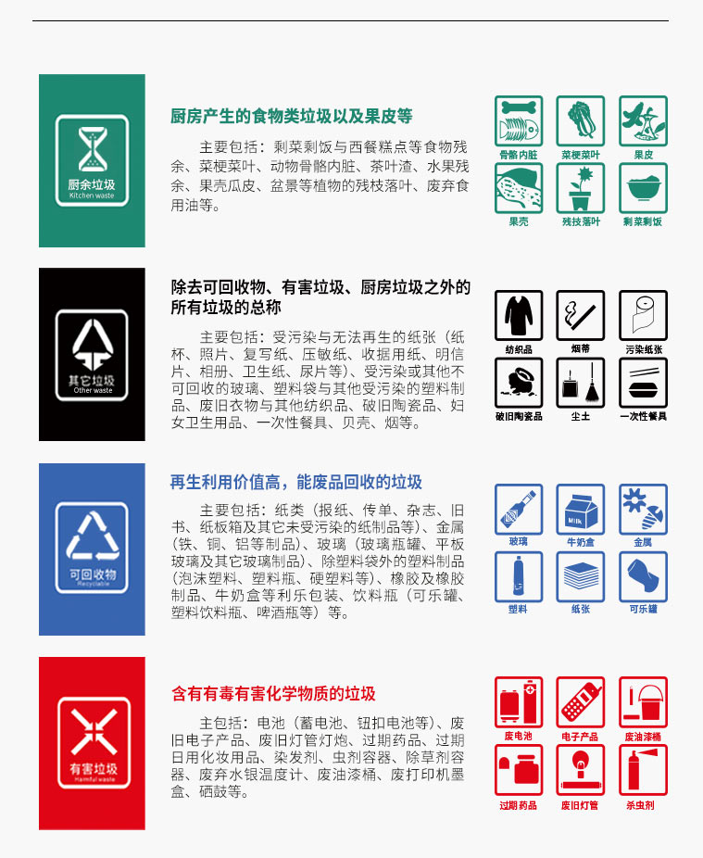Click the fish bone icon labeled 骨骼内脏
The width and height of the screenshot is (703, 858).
[519, 120]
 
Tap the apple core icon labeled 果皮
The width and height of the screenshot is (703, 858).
[643, 120]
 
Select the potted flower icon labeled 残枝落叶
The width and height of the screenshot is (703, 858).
[581, 188]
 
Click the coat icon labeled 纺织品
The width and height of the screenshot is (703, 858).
[519, 315]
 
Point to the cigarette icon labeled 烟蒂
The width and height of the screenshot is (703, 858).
[581, 315]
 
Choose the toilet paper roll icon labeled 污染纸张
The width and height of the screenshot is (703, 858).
[643, 315]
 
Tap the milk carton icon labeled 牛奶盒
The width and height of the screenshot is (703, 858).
[581, 509]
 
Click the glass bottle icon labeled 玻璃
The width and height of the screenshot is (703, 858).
[519, 509]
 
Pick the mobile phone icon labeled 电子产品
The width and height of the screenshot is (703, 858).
[581, 702]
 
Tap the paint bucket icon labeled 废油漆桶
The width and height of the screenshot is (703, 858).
[643, 702]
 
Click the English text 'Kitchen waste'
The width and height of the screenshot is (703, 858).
[92, 196]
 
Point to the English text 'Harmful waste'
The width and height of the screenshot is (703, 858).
[92, 780]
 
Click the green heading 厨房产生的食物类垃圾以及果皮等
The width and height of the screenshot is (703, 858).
[292, 117]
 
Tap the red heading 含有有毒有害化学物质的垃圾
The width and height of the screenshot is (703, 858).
[273, 694]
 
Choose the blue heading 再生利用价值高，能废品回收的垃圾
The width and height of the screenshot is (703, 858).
[296, 482]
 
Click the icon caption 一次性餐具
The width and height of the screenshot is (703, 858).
[643, 417]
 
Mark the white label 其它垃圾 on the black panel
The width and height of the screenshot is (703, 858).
[92, 380]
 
